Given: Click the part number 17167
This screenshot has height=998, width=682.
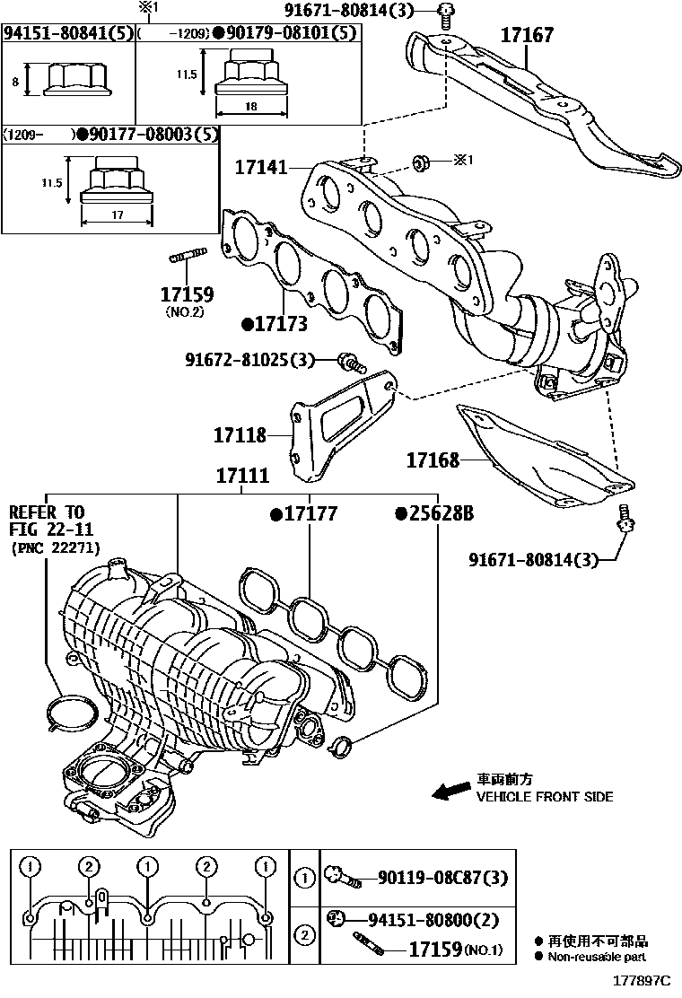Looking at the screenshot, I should point(526,36).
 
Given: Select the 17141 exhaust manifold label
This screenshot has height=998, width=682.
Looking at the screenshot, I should point(261,167).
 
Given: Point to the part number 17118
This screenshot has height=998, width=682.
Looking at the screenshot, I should point(240,435).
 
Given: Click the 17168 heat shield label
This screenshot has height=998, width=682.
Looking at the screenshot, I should point(432,460).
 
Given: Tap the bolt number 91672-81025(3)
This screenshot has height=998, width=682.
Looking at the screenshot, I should point(249,360).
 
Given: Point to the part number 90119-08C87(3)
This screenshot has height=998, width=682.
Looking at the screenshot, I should point(442,877).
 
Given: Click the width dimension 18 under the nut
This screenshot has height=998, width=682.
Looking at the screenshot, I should point(250,106).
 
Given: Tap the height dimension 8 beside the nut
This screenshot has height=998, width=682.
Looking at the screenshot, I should point(16,81).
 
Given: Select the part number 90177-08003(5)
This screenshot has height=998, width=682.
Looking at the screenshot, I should point(146,135).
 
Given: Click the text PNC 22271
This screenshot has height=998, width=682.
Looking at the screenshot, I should point(56,547).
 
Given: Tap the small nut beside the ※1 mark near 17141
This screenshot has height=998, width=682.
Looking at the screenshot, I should point(419,162).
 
